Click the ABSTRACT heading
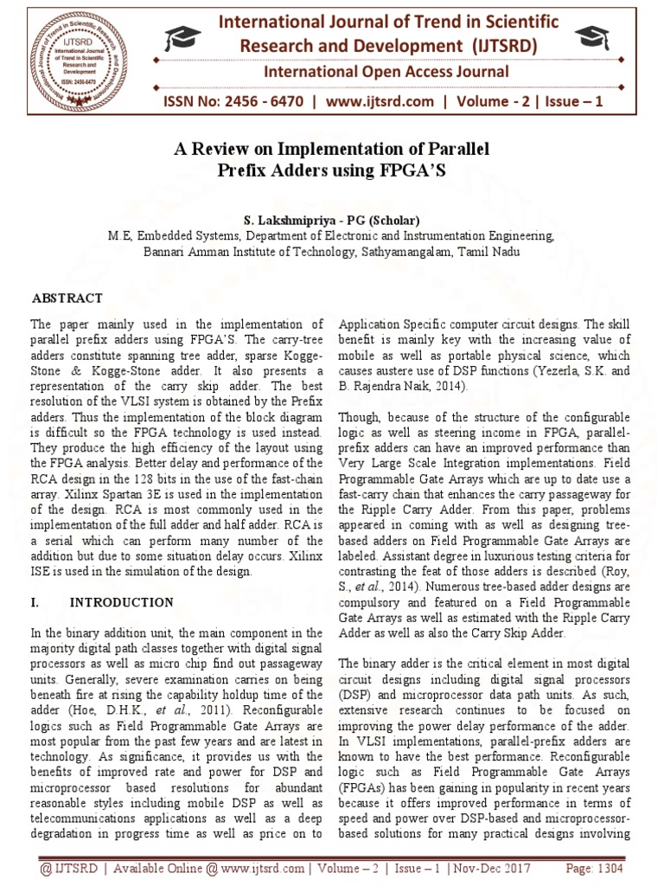(67, 299)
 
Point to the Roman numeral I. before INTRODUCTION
(36, 602)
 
